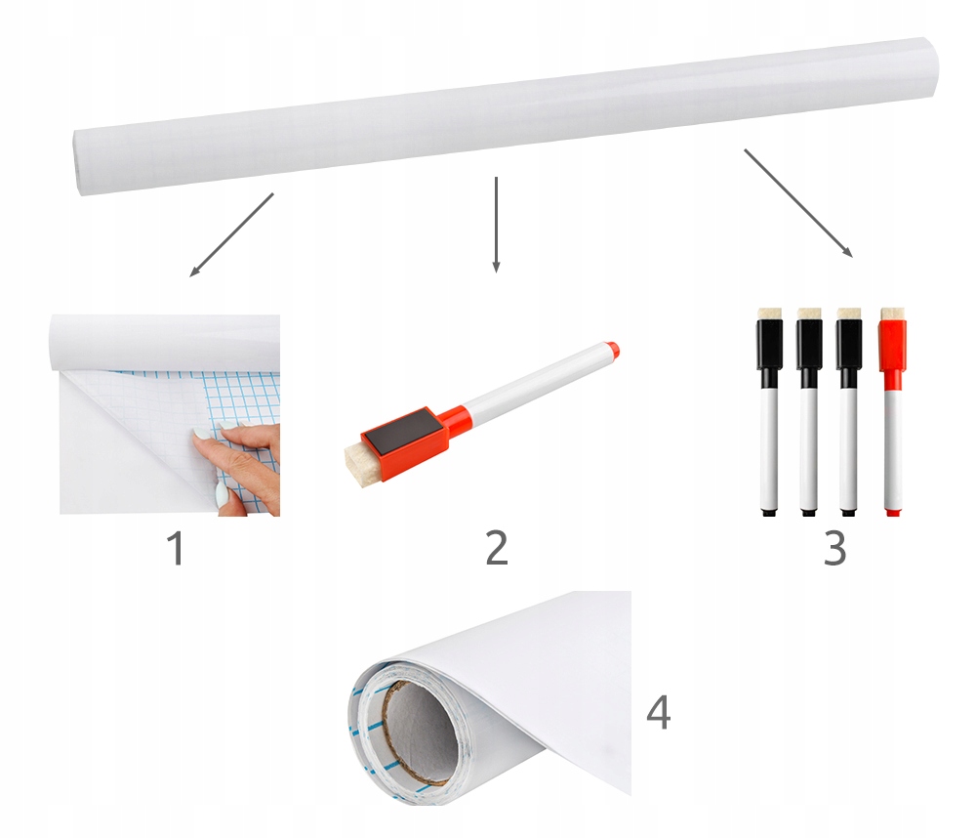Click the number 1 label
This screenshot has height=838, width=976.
point(177,548)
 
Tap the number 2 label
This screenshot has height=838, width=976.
point(497,548)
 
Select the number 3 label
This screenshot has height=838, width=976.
point(834,548)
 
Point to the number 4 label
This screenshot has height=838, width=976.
point(659,712)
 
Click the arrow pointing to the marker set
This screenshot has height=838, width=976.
point(798,203)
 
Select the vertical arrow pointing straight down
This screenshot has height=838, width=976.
point(496,225)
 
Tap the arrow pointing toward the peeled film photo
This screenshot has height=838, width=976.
point(231,234)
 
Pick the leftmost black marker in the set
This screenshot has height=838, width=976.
point(770,412)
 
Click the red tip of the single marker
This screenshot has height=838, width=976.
point(613,350)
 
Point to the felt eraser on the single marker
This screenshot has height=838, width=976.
point(361,462)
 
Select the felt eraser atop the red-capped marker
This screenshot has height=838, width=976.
point(893,314)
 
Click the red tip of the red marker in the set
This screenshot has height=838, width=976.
point(893,512)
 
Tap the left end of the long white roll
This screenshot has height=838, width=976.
point(77,163)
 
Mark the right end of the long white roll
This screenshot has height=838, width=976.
point(932,67)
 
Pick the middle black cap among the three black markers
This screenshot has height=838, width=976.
point(809,347)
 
